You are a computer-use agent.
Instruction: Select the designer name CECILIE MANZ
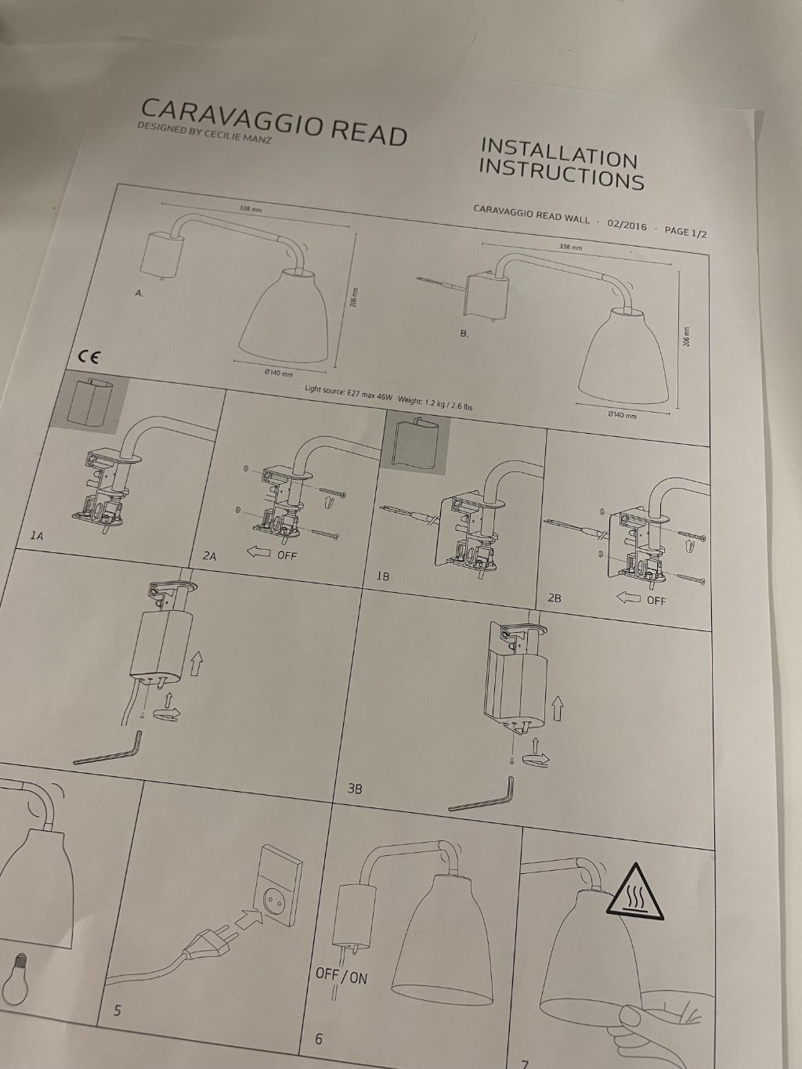(x=231, y=141)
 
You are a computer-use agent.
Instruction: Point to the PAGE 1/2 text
(x=685, y=232)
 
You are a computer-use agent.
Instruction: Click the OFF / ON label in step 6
(x=341, y=976)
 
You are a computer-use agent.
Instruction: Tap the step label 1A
(x=38, y=536)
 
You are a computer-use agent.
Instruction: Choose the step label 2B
(x=555, y=598)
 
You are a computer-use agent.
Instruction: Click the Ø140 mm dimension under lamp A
(x=278, y=373)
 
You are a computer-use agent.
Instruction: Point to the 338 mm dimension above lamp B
(x=571, y=247)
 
